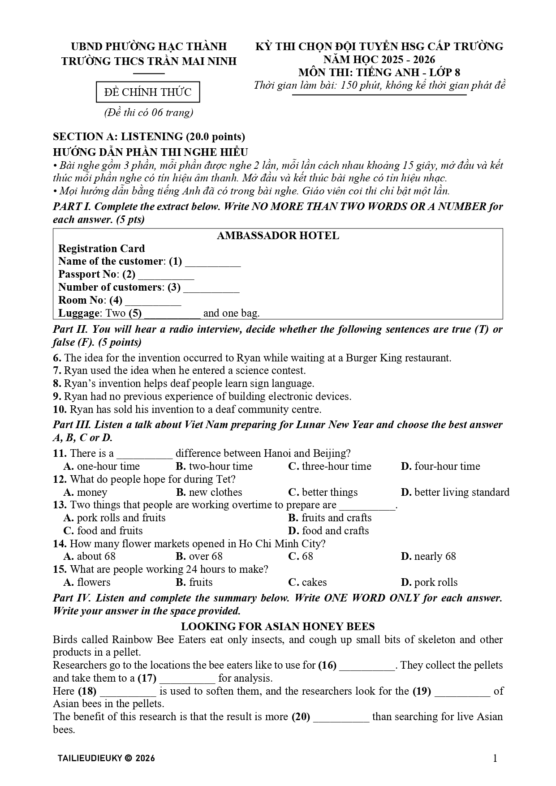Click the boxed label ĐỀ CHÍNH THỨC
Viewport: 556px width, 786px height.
[148, 92]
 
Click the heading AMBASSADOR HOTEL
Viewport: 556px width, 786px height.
[278, 236]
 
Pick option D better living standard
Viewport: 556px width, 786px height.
[455, 492]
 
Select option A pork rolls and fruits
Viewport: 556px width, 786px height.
[115, 518]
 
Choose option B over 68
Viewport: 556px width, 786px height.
[199, 556]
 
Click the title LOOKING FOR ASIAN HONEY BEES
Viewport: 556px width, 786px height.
[278, 627]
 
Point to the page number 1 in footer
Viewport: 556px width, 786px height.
[495, 758]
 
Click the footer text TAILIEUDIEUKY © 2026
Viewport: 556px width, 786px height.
[106, 758]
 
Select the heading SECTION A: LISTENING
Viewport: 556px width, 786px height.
[149, 137]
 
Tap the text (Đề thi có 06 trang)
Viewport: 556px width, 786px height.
[148, 112]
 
